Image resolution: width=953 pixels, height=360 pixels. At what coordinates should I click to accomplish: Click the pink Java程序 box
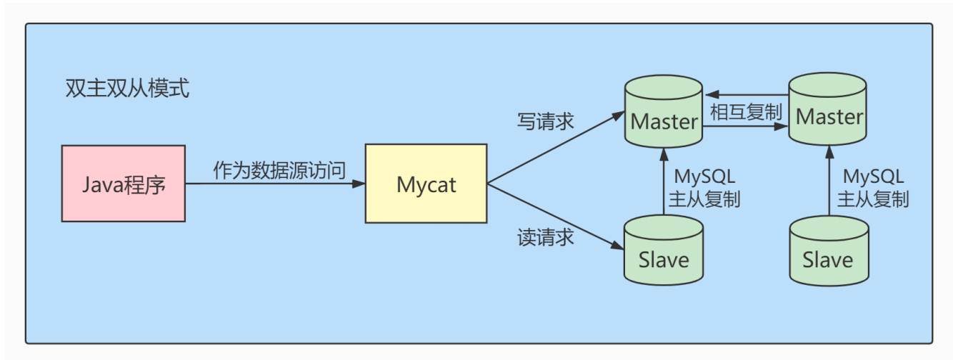tap(124, 184)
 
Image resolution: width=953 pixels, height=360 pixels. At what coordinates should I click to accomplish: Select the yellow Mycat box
tap(426, 184)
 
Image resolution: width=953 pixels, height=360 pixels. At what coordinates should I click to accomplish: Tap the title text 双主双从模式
tap(127, 89)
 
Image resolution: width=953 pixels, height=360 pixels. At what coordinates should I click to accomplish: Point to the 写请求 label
tap(545, 121)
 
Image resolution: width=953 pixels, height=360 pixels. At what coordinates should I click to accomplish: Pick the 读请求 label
tap(545, 236)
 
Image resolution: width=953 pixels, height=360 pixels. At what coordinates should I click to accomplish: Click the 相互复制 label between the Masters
tap(746, 112)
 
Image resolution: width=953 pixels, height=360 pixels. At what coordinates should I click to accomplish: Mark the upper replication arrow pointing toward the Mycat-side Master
tap(746, 94)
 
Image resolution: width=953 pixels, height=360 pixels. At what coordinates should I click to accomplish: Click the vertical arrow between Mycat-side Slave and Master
tap(664, 182)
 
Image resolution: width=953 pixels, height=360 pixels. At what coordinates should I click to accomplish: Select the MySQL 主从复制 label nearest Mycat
tap(703, 188)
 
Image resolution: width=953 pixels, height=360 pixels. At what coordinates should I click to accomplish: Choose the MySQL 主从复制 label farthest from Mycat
tap(873, 188)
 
